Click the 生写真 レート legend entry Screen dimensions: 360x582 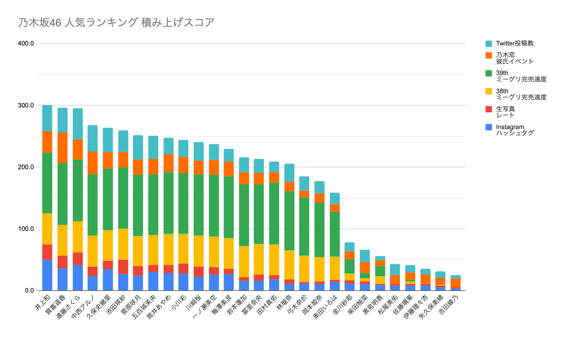pyautogui.click(x=505, y=112)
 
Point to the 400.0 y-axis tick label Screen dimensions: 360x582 pyautogui.click(x=26, y=44)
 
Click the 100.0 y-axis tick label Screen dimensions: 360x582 pyautogui.click(x=26, y=229)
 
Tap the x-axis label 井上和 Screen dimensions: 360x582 pyautogui.click(x=43, y=303)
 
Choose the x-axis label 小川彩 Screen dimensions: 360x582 pyautogui.click(x=179, y=303)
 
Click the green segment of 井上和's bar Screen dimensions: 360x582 pyautogui.click(x=47, y=183)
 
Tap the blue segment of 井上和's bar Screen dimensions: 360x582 pyautogui.click(x=47, y=275)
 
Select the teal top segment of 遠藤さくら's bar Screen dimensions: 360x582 pyautogui.click(x=78, y=124)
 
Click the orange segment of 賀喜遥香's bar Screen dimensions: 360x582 pyautogui.click(x=63, y=148)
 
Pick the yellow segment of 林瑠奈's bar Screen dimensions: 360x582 pyautogui.click(x=289, y=265)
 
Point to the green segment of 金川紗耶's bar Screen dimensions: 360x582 pyautogui.click(x=350, y=266)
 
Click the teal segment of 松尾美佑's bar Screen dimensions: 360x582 pyautogui.click(x=395, y=270)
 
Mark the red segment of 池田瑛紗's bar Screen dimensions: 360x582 pyautogui.click(x=123, y=267)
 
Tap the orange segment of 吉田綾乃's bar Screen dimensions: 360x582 pyautogui.click(x=456, y=283)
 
